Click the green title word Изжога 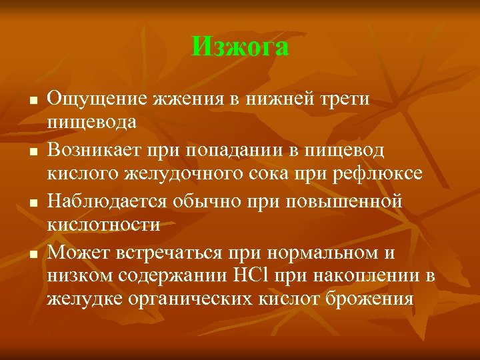coord(240,47)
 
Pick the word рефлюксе coord(381,175)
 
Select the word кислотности coord(103,225)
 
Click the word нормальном coord(321,254)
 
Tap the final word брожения coord(371,299)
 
